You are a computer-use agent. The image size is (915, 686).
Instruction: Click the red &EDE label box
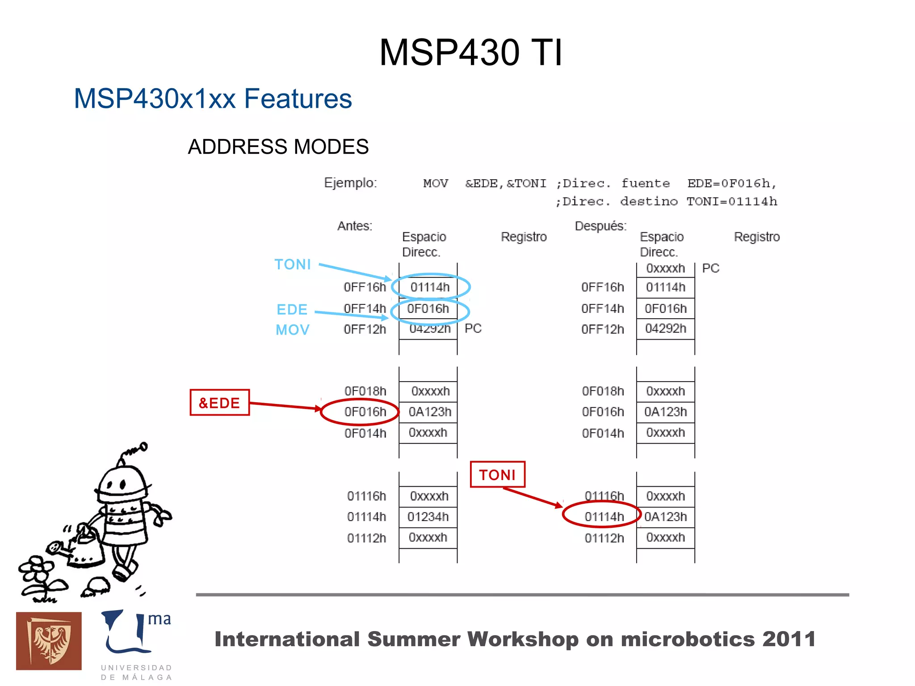pos(219,403)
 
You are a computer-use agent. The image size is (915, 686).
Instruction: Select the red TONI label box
pos(497,475)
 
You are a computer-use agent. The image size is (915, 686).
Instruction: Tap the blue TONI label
pos(293,265)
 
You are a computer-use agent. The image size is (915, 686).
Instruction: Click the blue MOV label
pos(293,330)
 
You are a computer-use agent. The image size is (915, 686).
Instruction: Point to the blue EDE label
pos(292,309)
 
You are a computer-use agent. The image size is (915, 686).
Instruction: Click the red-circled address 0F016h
pos(365,412)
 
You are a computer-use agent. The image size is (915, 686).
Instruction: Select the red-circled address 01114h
pos(604,517)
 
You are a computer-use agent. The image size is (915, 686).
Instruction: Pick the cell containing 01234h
pos(428,517)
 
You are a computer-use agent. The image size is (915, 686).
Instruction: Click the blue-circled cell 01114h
pos(430,287)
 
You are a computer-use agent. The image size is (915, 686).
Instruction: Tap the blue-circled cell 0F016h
pos(428,309)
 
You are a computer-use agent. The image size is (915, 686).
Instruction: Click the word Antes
pos(355,226)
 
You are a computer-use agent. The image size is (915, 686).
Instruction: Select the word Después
pos(600,226)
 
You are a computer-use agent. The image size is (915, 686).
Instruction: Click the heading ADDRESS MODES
pos(278,147)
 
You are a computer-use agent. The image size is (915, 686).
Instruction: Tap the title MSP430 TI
pos(470,52)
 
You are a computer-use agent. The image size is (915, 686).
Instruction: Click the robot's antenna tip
pos(143,446)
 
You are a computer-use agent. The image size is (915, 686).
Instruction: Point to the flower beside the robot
pos(37,570)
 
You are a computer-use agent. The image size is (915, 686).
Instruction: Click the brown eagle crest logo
pos(49,641)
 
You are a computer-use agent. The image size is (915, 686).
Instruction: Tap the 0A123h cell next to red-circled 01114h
pos(665,517)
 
